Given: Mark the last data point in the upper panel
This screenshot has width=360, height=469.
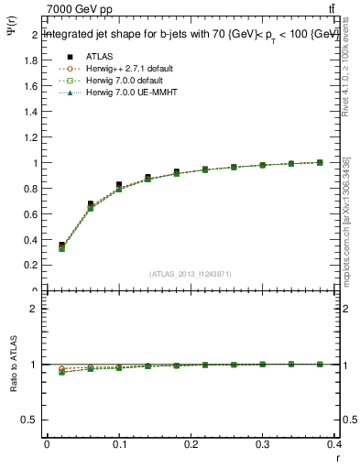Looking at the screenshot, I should click(320, 162).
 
